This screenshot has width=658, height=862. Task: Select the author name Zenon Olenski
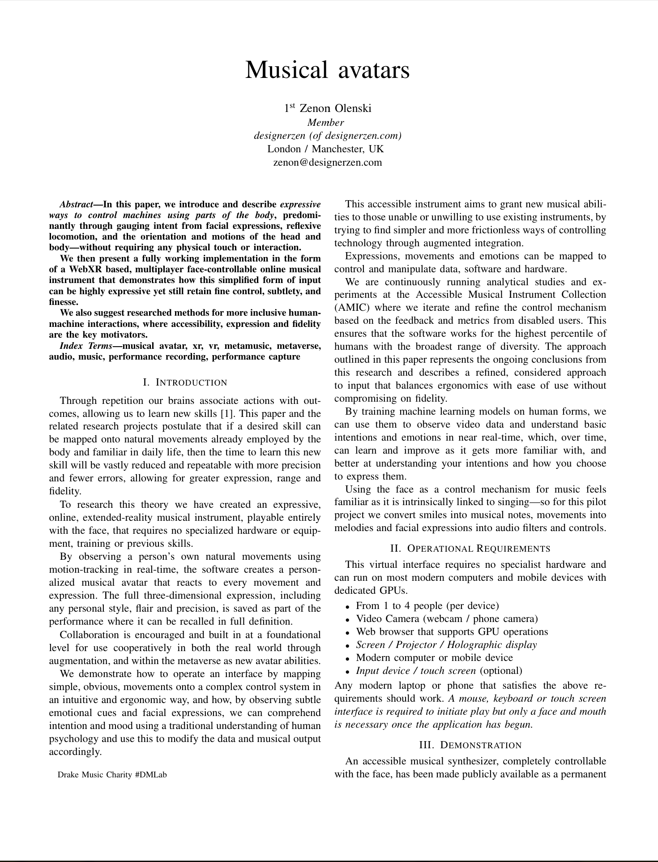335,108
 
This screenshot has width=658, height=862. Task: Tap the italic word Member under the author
325,122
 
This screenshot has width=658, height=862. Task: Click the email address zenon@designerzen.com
327,162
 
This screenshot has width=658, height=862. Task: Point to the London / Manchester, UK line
325,149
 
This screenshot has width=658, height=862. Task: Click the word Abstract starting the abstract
76,205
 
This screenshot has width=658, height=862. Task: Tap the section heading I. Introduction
185,382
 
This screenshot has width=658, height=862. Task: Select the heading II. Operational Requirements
470,549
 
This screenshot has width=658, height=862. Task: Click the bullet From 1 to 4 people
427,606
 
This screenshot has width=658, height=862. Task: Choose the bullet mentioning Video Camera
446,619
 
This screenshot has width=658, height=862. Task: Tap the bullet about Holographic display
446,645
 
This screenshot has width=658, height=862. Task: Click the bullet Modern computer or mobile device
434,658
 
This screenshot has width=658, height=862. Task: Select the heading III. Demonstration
470,745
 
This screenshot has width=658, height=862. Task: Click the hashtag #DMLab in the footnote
150,775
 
